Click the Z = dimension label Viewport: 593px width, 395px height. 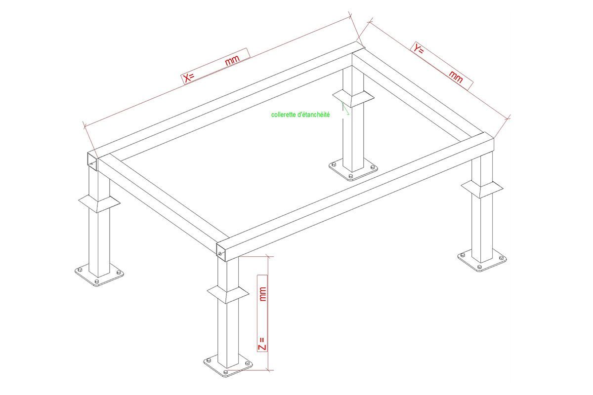pyautogui.click(x=262, y=344)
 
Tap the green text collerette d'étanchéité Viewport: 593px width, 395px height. pyautogui.click(x=300, y=115)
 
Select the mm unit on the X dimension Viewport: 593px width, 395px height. pyautogui.click(x=232, y=60)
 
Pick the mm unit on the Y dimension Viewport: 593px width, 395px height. pyautogui.click(x=456, y=77)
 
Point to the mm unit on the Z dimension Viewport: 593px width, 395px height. pyautogui.click(x=262, y=294)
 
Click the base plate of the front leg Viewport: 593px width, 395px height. pyautogui.click(x=228, y=367)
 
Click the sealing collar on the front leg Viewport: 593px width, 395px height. pyautogui.click(x=228, y=294)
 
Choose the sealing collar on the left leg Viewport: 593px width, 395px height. pyautogui.click(x=99, y=204)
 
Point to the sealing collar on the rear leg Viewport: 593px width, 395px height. pyautogui.click(x=353, y=99)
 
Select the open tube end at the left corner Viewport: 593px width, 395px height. pyautogui.click(x=92, y=161)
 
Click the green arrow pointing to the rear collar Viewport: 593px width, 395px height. pyautogui.click(x=345, y=109)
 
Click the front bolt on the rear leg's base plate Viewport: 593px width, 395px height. pyautogui.click(x=351, y=176)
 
